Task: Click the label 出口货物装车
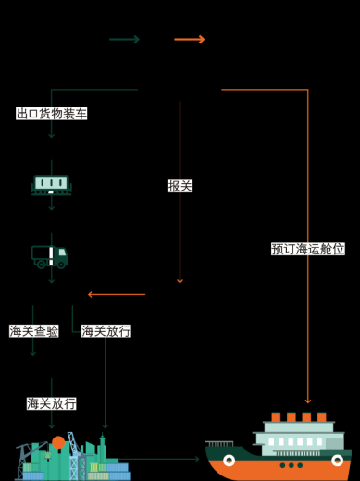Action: tap(52, 114)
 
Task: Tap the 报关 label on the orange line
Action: tap(180, 186)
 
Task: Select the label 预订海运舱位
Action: tap(308, 249)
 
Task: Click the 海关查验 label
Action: tap(34, 331)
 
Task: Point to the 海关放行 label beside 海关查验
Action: tap(106, 331)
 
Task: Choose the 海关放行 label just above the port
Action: tap(52, 403)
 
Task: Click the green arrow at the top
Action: tap(124, 39)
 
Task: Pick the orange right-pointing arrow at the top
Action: tap(190, 39)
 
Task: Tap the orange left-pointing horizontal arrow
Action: tap(117, 294)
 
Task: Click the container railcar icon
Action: tap(52, 185)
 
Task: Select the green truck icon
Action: tap(50, 257)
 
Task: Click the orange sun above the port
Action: tap(58, 442)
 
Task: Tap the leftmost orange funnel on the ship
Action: tap(276, 416)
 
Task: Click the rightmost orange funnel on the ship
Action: tap(322, 416)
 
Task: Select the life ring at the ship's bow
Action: tap(337, 461)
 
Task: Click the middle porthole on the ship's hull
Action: tap(292, 465)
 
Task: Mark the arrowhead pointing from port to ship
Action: tap(197, 459)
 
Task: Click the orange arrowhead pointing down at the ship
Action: tap(308, 401)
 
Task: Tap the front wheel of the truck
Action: tap(61, 265)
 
